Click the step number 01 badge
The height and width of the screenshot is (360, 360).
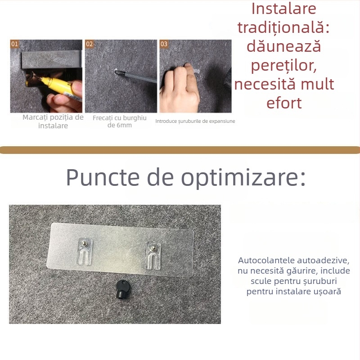coord(15,44)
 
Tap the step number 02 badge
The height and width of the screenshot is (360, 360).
coord(90,44)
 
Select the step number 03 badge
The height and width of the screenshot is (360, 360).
coord(164,44)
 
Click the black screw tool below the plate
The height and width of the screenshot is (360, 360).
coord(121,288)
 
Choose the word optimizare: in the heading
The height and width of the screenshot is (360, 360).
coord(243,178)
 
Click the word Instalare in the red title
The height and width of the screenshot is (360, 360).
coord(284,9)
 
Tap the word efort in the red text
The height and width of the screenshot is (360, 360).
coord(284,103)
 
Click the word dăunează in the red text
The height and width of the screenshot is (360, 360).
coord(284,46)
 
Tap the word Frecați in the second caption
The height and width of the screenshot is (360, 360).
coord(104,118)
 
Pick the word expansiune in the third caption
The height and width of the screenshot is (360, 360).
coord(221,121)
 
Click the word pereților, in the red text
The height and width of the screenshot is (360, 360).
coord(284,66)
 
